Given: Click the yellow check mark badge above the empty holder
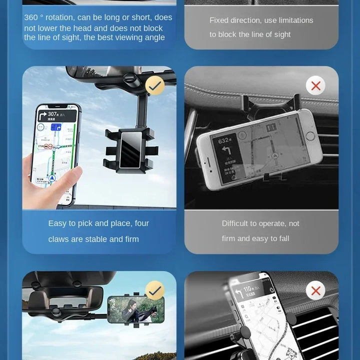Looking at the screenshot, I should pos(155,85).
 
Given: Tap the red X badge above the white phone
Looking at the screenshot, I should pos(315,85).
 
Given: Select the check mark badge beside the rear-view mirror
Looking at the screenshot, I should pos(155,290).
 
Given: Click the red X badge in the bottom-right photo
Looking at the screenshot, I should pos(315,290).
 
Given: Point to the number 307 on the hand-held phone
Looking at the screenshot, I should pos(52,114).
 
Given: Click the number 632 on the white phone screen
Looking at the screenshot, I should pos(223,141).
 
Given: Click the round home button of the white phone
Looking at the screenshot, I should pos(310,135).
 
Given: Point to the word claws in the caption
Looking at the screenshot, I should pos(59,239).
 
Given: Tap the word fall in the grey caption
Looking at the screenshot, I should pos(282,238).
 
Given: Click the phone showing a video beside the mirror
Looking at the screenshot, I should pos(135,310).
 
